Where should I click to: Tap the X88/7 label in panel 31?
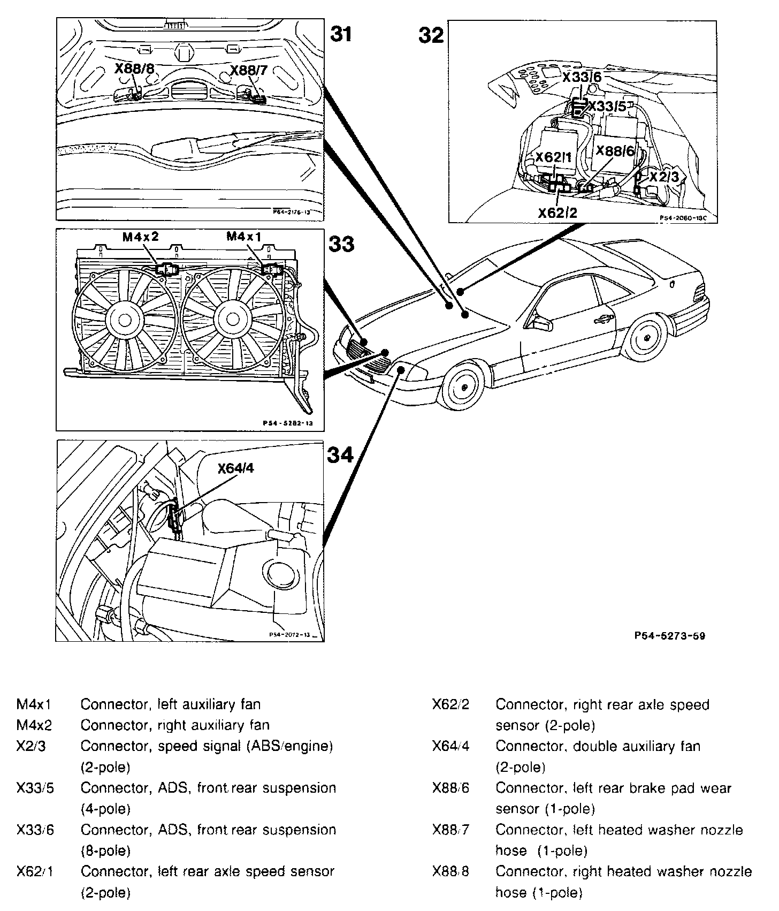248,70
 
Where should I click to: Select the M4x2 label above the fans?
141,237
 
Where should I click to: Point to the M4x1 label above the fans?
245,236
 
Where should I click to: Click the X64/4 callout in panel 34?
235,468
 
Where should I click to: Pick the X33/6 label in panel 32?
582,77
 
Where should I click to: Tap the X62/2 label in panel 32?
557,213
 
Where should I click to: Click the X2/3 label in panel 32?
663,177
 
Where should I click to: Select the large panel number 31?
341,34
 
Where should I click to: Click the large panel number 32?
431,36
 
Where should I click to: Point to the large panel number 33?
341,244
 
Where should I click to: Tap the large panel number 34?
340,455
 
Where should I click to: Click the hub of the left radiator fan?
125,320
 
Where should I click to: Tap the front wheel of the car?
463,386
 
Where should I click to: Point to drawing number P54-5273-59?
669,636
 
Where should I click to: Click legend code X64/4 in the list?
450,746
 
